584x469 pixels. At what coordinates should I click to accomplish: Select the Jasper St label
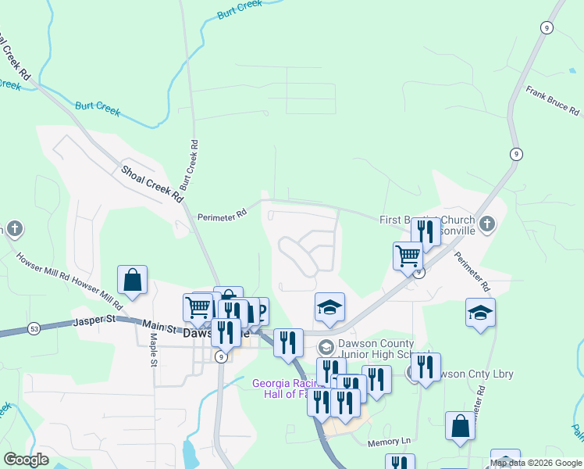click(x=94, y=321)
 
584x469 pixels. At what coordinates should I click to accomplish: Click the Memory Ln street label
click(x=389, y=442)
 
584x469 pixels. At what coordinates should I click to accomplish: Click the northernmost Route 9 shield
click(x=546, y=27)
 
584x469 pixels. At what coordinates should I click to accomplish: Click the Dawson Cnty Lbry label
click(x=477, y=374)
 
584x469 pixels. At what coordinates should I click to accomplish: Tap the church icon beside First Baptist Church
click(x=487, y=225)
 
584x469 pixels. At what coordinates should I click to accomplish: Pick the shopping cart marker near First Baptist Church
click(x=408, y=255)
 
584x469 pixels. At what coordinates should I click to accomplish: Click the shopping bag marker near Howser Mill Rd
click(x=133, y=280)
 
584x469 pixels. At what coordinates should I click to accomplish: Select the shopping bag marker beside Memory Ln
click(x=460, y=426)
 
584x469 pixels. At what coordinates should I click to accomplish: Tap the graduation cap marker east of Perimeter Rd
click(x=480, y=312)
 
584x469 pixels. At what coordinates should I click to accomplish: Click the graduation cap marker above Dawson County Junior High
click(x=329, y=307)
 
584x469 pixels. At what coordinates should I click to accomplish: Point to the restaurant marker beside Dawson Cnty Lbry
click(x=426, y=367)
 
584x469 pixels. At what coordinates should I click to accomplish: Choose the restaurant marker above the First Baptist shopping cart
click(x=426, y=231)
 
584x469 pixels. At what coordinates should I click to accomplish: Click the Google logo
click(x=26, y=460)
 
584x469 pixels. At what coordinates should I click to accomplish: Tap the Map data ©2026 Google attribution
click(x=536, y=463)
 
